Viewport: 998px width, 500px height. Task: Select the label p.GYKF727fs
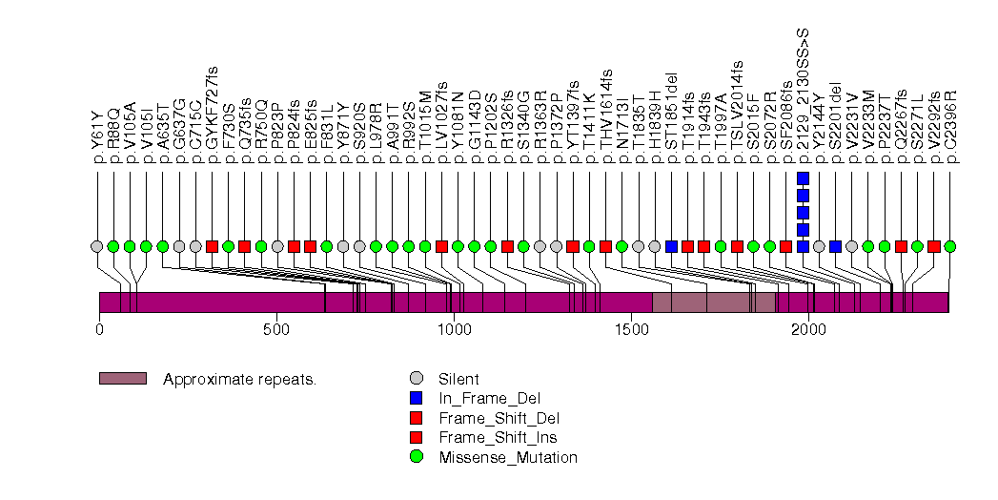point(212,108)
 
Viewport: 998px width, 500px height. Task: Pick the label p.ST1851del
point(672,113)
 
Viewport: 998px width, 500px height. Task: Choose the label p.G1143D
point(475,118)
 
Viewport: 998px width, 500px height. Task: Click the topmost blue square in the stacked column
point(803,178)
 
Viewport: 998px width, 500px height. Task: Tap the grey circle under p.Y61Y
point(96,246)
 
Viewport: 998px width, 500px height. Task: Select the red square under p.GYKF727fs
point(212,246)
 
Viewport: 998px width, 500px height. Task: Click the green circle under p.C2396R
point(950,246)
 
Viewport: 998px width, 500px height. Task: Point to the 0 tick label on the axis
point(99,330)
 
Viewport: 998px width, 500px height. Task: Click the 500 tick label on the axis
point(276,330)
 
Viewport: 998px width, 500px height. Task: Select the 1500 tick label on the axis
point(631,330)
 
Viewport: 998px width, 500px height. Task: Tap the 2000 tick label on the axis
point(808,330)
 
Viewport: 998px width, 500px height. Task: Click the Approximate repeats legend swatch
point(122,379)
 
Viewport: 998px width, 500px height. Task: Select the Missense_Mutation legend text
point(507,457)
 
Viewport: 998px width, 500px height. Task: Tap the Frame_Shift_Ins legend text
point(498,437)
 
